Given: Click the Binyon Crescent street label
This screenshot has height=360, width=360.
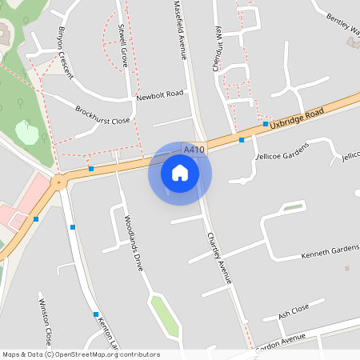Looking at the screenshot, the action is [66, 52].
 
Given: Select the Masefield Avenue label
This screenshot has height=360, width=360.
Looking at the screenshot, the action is [181, 30].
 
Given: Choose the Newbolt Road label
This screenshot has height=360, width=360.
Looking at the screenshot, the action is [159, 94].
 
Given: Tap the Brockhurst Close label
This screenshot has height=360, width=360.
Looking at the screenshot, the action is [102, 115].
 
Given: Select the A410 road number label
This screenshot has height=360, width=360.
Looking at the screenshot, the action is [194, 150].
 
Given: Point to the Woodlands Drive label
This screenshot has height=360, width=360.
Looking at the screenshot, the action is [133, 242].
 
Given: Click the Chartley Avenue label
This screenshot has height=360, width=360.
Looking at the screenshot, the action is [218, 258].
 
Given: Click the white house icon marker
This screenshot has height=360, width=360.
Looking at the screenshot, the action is [180, 171].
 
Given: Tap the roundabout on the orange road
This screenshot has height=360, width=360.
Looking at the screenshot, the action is [57, 182].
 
